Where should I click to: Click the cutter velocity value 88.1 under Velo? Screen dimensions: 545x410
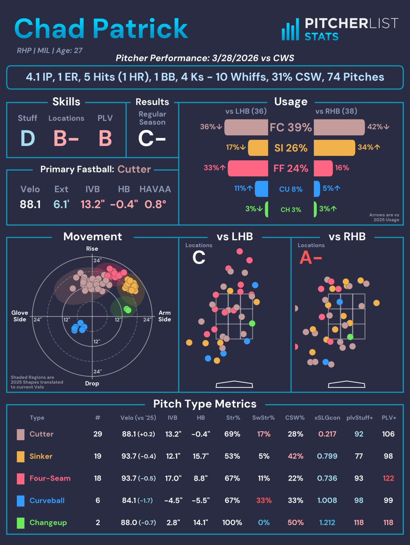click(30, 205)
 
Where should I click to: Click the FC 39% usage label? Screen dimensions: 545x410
click(291, 128)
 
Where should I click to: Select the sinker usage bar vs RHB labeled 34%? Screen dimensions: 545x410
click(334, 148)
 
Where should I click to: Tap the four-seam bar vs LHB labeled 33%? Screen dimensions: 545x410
click(247, 168)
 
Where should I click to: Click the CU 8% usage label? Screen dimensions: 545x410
click(291, 189)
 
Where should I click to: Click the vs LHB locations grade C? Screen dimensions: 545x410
click(198, 258)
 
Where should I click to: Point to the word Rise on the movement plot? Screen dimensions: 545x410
click(92, 249)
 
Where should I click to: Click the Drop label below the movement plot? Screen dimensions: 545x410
click(92, 383)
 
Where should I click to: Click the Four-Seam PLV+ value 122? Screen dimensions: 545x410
click(388, 478)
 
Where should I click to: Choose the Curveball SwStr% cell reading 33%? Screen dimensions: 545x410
click(263, 500)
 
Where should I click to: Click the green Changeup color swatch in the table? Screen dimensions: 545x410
click(21, 523)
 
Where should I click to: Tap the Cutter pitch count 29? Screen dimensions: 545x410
click(98, 434)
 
